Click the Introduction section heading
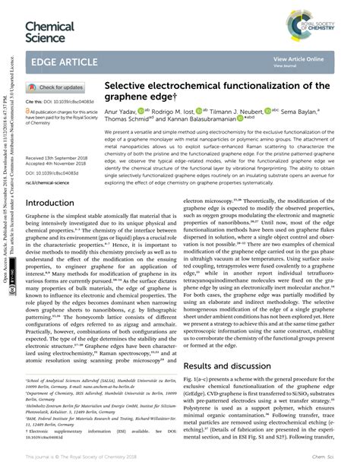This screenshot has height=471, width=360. tap(55, 204)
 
